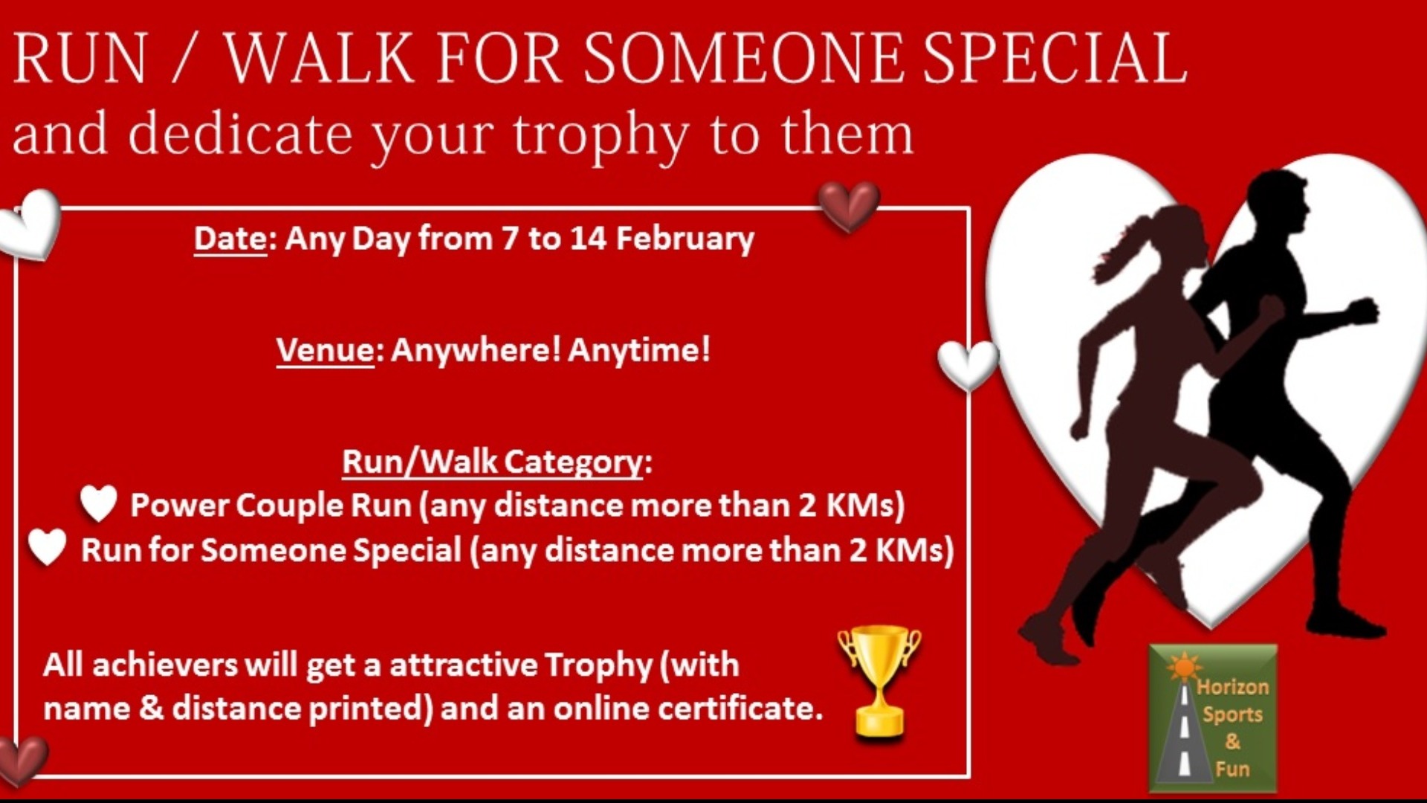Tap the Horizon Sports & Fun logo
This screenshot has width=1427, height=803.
pyautogui.click(x=1213, y=718)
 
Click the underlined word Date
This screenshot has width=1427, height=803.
pyautogui.click(x=230, y=239)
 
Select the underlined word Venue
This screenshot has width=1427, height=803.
pyautogui.click(x=325, y=349)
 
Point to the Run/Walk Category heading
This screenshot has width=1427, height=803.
pyautogui.click(x=496, y=462)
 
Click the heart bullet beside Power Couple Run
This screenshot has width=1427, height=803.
pyautogui.click(x=99, y=503)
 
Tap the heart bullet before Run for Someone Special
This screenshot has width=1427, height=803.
pyautogui.click(x=48, y=547)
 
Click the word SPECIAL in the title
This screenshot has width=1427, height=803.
pyautogui.click(x=1055, y=58)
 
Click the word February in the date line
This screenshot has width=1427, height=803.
pyautogui.click(x=685, y=239)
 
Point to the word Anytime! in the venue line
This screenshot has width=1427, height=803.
pyautogui.click(x=639, y=349)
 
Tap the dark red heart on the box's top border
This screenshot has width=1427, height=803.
pyautogui.click(x=849, y=206)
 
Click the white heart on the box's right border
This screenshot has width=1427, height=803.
pyautogui.click(x=968, y=364)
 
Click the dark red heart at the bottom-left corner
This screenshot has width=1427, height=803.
pyautogui.click(x=21, y=760)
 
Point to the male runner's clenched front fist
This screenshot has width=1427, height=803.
pyautogui.click(x=1364, y=312)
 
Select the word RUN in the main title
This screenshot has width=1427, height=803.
pyautogui.click(x=80, y=58)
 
